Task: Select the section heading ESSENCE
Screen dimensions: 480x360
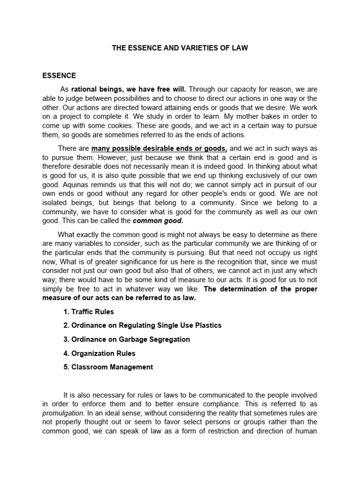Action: pos(59,75)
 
